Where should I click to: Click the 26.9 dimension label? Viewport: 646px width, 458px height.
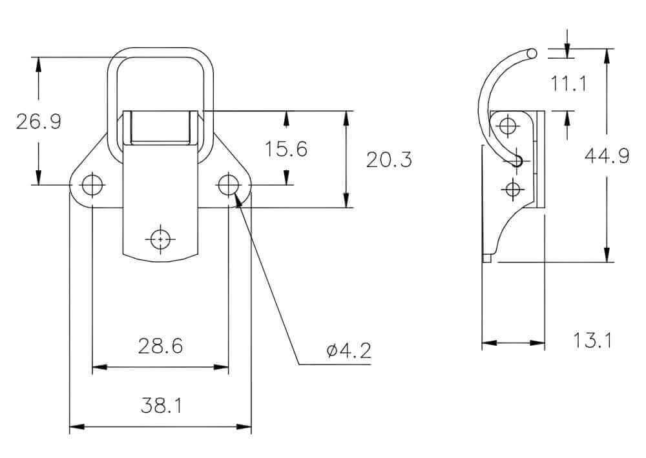(39, 121)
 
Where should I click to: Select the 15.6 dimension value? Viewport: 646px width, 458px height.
(286, 149)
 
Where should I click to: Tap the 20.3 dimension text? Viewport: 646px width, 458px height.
(389, 159)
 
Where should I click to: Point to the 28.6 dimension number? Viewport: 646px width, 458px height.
(160, 346)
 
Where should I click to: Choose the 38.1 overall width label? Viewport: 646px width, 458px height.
(161, 405)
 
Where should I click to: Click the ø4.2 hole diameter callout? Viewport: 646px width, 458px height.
(349, 350)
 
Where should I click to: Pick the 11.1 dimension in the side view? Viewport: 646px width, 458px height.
(568, 83)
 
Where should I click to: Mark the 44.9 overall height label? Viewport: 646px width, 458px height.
(607, 156)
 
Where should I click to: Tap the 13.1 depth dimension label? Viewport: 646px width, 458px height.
(592, 341)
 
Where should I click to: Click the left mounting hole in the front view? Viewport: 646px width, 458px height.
(92, 184)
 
